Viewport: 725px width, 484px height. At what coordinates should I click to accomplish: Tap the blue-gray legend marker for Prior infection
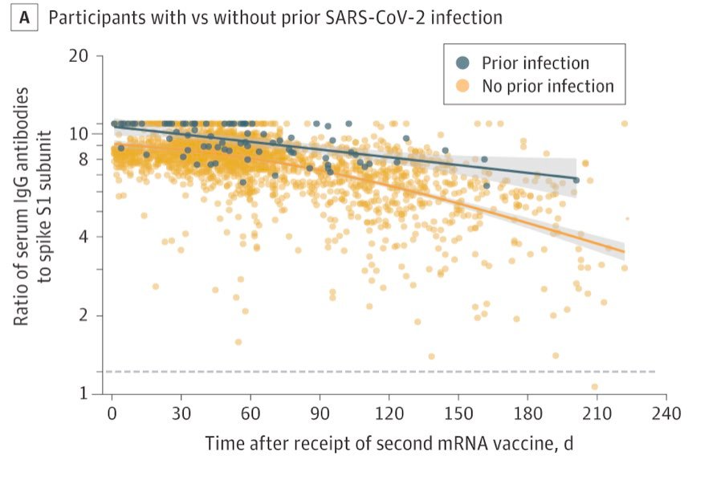click(x=462, y=63)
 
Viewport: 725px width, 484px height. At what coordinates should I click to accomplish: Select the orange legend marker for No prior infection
click(x=462, y=86)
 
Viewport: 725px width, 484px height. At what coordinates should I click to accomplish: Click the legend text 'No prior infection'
click(x=548, y=86)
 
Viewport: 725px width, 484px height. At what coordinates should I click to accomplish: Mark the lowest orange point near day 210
click(x=595, y=387)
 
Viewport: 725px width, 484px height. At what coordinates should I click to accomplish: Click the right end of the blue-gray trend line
click(x=576, y=178)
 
